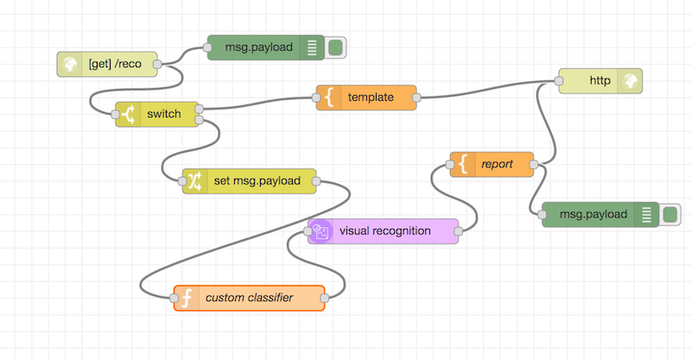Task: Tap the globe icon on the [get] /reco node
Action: click(x=70, y=63)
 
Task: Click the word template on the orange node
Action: click(x=371, y=98)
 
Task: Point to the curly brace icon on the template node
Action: click(x=329, y=98)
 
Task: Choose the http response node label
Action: click(x=599, y=80)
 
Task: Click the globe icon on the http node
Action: click(x=631, y=80)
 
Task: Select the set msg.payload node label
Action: click(x=256, y=181)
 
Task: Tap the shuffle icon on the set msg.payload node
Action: click(x=194, y=181)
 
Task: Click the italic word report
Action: click(x=498, y=164)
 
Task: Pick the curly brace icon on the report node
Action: click(x=463, y=164)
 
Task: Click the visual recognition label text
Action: click(x=385, y=231)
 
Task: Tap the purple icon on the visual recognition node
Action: click(x=321, y=231)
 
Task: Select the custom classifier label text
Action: click(x=249, y=298)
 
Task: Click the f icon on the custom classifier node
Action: click(x=186, y=298)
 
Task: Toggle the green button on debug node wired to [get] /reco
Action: click(x=335, y=47)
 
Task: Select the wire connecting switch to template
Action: click(x=259, y=105)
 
